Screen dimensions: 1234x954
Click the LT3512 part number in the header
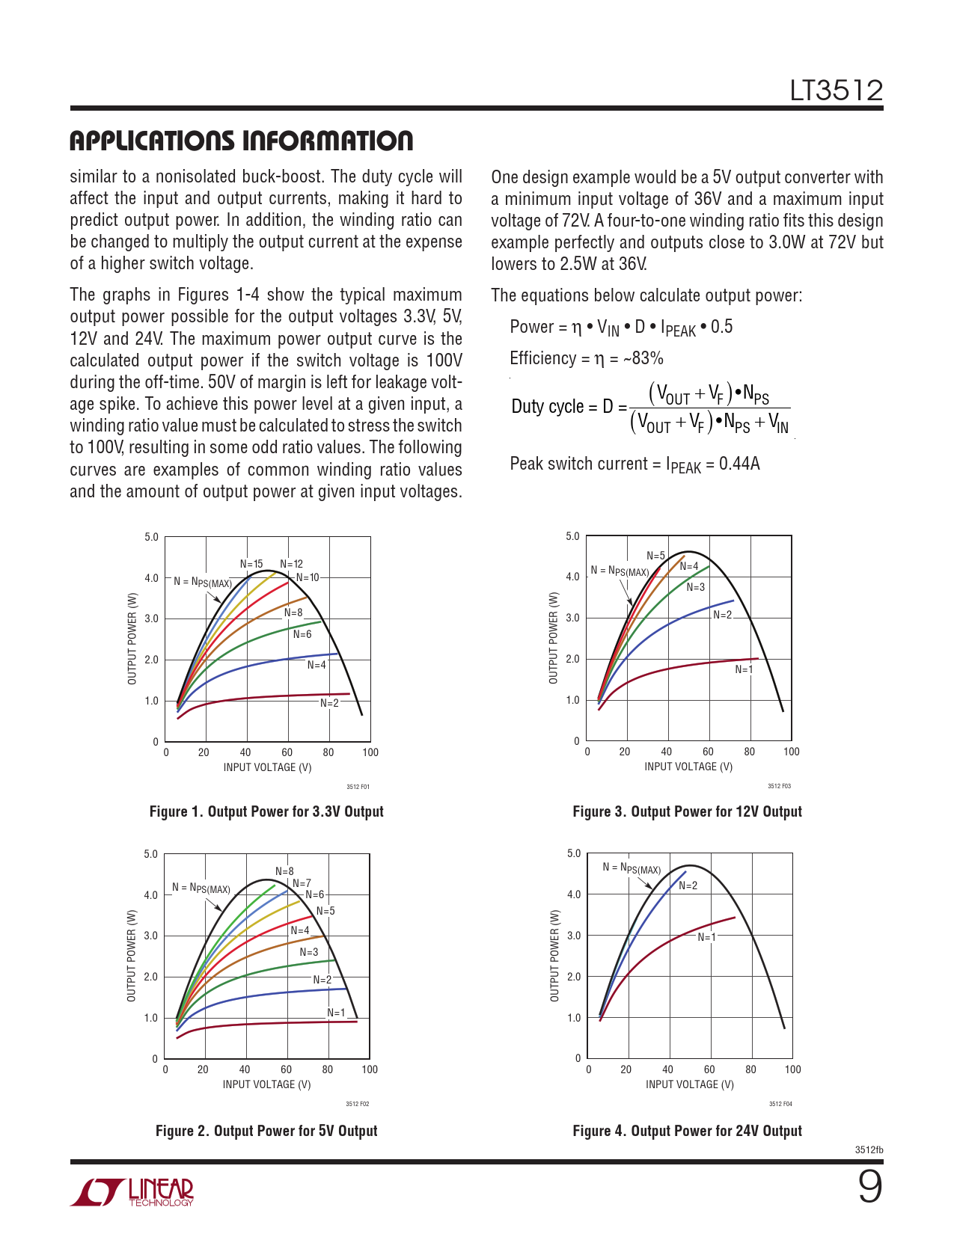[836, 91]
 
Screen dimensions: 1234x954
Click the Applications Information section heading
[241, 141]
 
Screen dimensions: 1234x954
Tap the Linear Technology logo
[132, 1192]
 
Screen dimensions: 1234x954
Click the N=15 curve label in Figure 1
[251, 564]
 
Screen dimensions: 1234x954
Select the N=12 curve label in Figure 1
[292, 564]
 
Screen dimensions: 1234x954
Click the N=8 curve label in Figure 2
[284, 871]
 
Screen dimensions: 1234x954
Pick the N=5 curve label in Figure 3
[655, 556]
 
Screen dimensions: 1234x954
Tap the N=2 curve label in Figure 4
[688, 885]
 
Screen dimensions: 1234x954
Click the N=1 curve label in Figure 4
[707, 937]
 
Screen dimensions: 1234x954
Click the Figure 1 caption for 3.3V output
[266, 811]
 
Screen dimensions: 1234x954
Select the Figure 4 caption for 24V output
[687, 1131]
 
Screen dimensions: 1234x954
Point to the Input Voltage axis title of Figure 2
[266, 1084]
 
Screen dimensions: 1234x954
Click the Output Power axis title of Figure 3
[554, 638]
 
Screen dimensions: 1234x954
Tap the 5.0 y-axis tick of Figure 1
[151, 537]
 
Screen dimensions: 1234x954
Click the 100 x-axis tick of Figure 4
[792, 1069]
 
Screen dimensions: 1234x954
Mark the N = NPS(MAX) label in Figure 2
[201, 888]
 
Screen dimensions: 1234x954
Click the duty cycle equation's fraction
[709, 408]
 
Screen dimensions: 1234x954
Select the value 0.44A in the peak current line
[739, 464]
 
